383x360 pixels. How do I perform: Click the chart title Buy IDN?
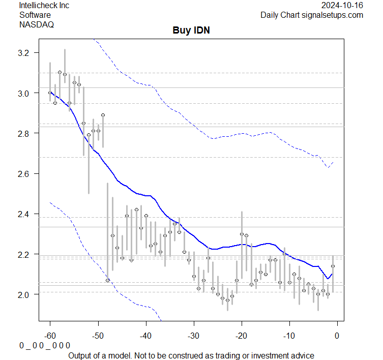(191, 31)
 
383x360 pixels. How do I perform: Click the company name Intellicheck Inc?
(44, 6)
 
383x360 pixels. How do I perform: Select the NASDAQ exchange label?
(36, 24)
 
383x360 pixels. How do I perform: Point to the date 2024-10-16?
(342, 6)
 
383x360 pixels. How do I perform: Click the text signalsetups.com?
(336, 15)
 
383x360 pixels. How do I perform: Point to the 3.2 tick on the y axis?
(25, 53)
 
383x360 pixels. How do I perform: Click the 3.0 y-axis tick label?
(25, 93)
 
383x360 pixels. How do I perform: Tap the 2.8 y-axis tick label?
(25, 133)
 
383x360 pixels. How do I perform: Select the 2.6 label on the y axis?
(25, 173)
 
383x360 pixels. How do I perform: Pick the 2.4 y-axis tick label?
(25, 214)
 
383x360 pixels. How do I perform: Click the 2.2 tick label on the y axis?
(25, 254)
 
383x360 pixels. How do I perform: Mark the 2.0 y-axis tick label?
(25, 294)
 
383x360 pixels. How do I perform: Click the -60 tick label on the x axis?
(50, 335)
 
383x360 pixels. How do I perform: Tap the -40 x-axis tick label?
(146, 335)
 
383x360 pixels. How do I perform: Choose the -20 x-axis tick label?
(242, 335)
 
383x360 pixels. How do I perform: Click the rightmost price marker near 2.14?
(333, 266)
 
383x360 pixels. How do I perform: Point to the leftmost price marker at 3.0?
(50, 93)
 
